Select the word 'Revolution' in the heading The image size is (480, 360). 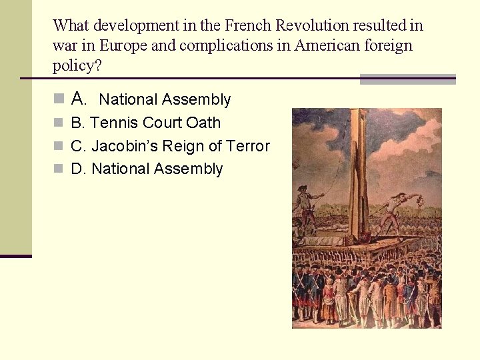(313, 26)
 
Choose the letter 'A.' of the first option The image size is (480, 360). (79, 99)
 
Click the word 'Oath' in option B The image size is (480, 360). (203, 123)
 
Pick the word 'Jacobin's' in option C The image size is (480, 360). (125, 146)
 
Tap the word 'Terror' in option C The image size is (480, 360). (247, 146)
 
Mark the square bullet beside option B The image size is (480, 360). (59, 123)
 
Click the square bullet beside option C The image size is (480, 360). (59, 147)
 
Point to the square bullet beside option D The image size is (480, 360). (59, 169)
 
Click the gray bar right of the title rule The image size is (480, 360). (407, 79)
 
